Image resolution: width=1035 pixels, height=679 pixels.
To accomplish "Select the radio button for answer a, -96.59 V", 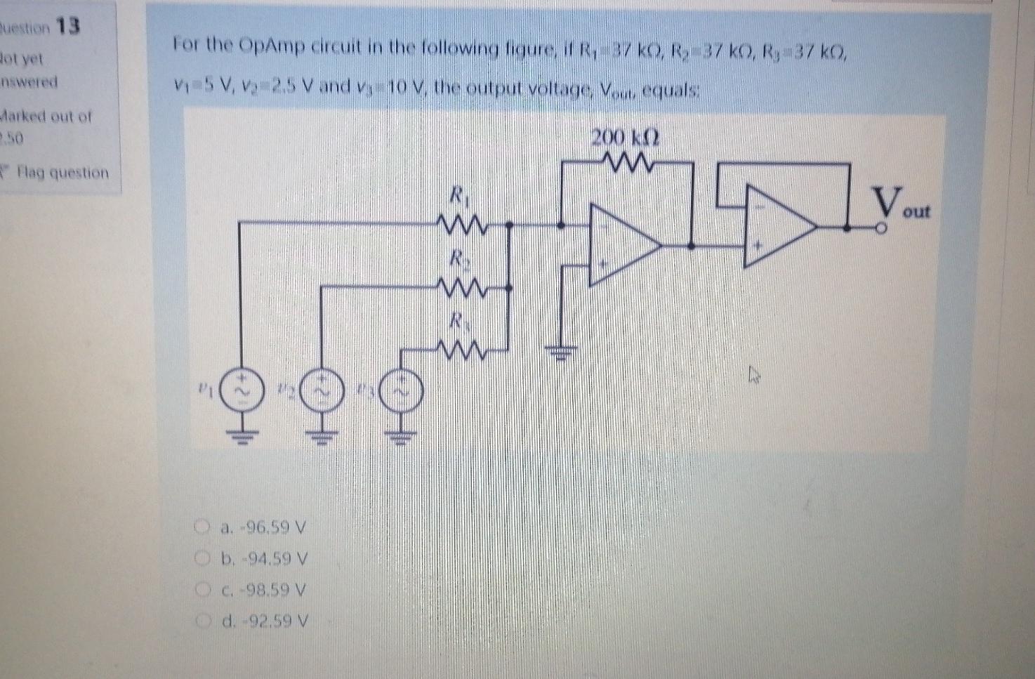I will (x=202, y=527).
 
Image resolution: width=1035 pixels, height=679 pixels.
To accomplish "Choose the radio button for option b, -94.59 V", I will (x=202, y=559).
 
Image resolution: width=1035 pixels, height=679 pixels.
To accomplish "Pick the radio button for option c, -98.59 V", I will (x=202, y=590).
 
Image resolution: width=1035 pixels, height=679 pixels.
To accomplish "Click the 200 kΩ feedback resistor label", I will (x=624, y=138).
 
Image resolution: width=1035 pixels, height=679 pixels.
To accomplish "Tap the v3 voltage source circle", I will (x=402, y=391).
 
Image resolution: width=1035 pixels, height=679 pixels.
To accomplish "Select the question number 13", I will (x=68, y=27).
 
